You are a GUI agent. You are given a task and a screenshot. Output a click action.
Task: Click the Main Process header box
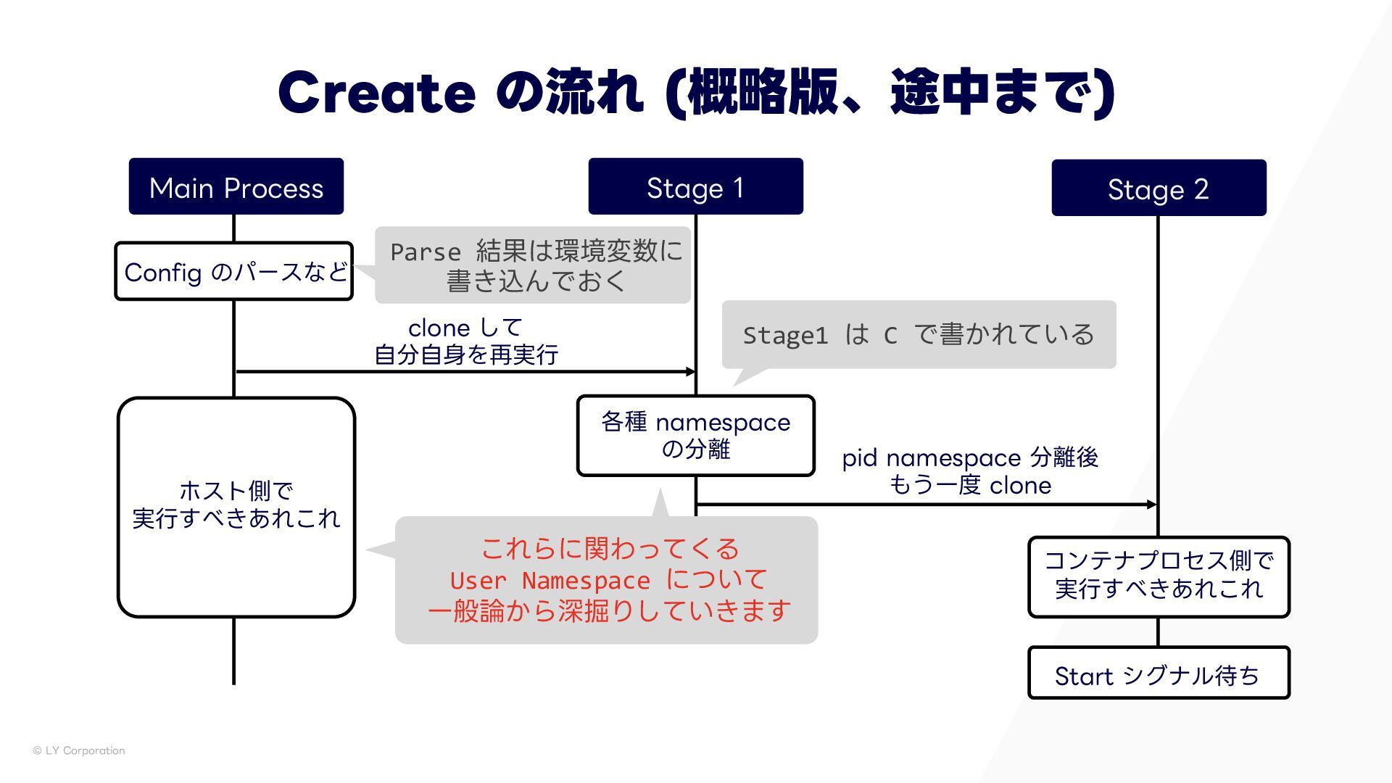point(236,187)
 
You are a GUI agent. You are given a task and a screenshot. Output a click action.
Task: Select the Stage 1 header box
point(695,187)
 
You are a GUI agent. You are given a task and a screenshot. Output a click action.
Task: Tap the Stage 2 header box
point(1159,188)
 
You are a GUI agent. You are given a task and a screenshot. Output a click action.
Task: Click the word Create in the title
point(376,93)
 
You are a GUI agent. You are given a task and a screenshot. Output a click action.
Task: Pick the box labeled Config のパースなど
point(233,272)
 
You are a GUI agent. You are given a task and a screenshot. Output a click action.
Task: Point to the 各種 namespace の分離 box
point(695,436)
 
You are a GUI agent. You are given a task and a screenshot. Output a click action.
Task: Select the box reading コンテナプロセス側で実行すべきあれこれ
point(1158,577)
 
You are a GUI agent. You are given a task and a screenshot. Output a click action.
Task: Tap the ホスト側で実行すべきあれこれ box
point(236,507)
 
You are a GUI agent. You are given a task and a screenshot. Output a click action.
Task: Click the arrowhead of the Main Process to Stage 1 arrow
point(690,372)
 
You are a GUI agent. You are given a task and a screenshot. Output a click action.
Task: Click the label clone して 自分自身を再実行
point(465,341)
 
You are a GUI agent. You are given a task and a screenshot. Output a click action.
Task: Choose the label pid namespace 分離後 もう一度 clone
point(970,471)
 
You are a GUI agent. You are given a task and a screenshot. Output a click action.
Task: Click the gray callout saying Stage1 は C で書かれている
point(918,335)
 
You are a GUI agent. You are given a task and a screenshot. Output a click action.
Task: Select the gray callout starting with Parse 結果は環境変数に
point(533,265)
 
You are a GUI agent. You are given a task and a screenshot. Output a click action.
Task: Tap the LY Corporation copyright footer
point(79,750)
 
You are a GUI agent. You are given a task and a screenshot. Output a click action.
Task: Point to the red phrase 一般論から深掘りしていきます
point(609,611)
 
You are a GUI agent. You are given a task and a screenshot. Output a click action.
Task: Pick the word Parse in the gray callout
point(425,252)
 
